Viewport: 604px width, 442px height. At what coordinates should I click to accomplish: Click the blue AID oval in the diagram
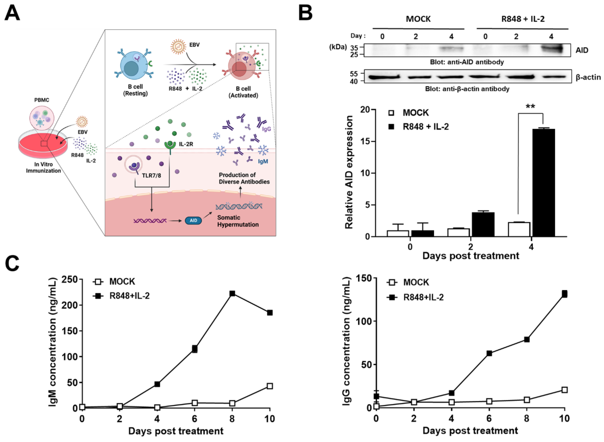pyautogui.click(x=193, y=221)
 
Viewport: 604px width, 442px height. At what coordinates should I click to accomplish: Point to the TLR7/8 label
pyautogui.click(x=151, y=176)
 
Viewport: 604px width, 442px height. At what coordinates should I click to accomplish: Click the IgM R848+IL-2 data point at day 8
pyautogui.click(x=232, y=293)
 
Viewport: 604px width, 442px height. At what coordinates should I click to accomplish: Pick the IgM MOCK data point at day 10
pyautogui.click(x=270, y=386)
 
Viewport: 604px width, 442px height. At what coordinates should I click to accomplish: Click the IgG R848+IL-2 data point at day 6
pyautogui.click(x=489, y=353)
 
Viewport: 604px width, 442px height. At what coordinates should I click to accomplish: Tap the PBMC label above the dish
pyautogui.click(x=42, y=100)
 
